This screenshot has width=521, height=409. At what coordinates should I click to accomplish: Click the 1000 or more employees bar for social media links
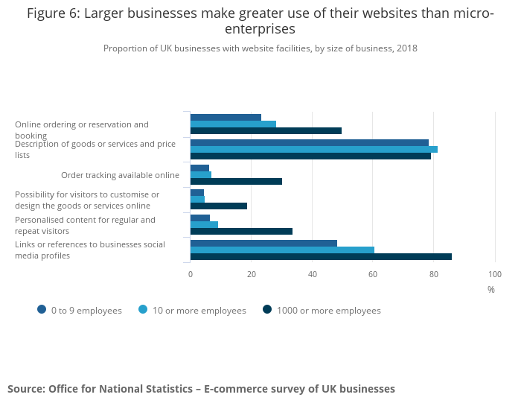tap(321, 256)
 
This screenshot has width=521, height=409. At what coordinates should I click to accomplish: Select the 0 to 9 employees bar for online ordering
tap(226, 118)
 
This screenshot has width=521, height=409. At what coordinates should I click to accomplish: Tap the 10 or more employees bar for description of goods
tap(313, 150)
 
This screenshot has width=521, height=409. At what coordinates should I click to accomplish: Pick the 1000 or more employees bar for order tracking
tap(236, 181)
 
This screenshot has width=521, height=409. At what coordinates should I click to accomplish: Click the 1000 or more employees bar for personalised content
tap(241, 231)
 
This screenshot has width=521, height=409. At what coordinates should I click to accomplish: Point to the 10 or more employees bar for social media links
tap(282, 250)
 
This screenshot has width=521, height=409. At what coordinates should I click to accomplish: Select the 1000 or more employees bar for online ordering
tap(266, 131)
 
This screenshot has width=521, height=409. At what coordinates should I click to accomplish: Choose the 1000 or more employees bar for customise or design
tap(218, 206)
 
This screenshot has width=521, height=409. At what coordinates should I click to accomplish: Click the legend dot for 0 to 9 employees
tap(42, 310)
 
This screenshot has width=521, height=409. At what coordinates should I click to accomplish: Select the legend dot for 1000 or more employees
tap(267, 310)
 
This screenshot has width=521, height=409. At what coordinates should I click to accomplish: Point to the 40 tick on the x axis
tap(312, 274)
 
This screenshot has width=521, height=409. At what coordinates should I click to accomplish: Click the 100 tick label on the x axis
tap(494, 274)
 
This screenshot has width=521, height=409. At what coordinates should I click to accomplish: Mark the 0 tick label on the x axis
tap(191, 274)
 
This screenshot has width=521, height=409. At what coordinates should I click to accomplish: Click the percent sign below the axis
tap(491, 290)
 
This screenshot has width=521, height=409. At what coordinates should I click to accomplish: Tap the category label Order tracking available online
tap(120, 175)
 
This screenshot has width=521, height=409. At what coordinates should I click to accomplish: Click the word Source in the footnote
tap(25, 389)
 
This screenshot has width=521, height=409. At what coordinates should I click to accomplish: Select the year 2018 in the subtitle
tap(406, 48)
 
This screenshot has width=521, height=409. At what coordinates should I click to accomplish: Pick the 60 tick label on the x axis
tap(373, 274)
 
